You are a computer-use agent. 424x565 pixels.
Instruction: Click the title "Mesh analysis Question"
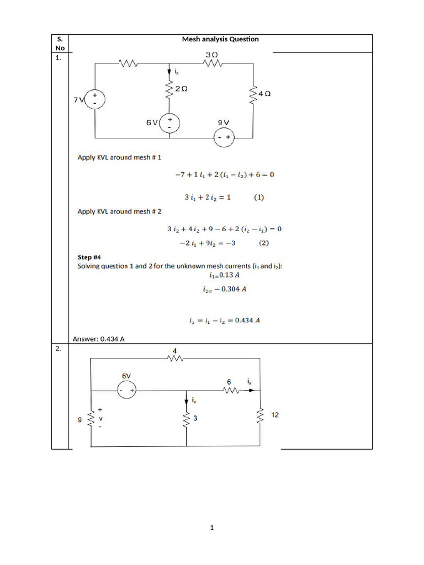pyautogui.click(x=220, y=39)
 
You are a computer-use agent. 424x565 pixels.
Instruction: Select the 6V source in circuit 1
pyautogui.click(x=169, y=122)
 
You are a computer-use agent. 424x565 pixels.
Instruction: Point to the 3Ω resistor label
pyautogui.click(x=211, y=56)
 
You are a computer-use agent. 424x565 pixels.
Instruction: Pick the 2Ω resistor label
pyautogui.click(x=181, y=88)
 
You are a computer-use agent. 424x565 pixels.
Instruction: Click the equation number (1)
pyautogui.click(x=258, y=196)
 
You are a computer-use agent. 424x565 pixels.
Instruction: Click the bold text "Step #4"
pyautogui.click(x=89, y=257)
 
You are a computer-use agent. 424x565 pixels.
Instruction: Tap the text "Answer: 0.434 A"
pyautogui.click(x=98, y=338)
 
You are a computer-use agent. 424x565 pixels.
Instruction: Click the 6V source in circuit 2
pyautogui.click(x=126, y=390)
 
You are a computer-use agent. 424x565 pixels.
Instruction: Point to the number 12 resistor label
pyautogui.click(x=274, y=415)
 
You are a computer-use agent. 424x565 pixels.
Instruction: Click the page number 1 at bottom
pyautogui.click(x=211, y=528)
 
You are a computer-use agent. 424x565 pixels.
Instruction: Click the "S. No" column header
pyautogui.click(x=60, y=44)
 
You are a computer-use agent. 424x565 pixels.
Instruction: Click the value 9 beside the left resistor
pyautogui.click(x=81, y=420)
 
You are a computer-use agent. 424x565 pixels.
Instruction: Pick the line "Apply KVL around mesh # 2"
pyautogui.click(x=119, y=211)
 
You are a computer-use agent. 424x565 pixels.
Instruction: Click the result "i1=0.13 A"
pyautogui.click(x=221, y=275)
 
